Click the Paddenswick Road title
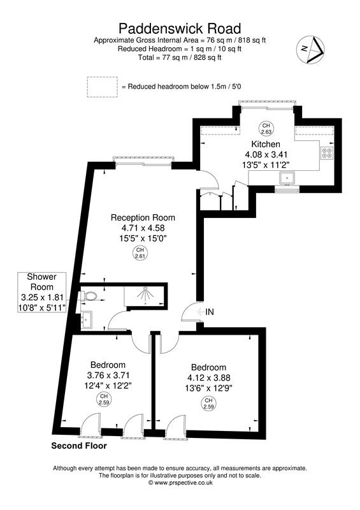pyautogui.click(x=180, y=29)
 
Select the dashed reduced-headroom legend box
pyautogui.click(x=103, y=86)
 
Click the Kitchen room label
pyautogui.click(x=265, y=144)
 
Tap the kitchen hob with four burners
pyautogui.click(x=327, y=153)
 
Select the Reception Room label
pyautogui.click(x=143, y=217)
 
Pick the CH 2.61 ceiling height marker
pyautogui.click(x=141, y=252)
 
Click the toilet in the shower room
pyautogui.click(x=89, y=296)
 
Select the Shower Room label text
pyautogui.click(x=41, y=277)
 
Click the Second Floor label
pyautogui.click(x=78, y=447)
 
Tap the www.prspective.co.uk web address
pyautogui.click(x=180, y=483)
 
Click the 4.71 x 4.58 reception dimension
pyautogui.click(x=143, y=228)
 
